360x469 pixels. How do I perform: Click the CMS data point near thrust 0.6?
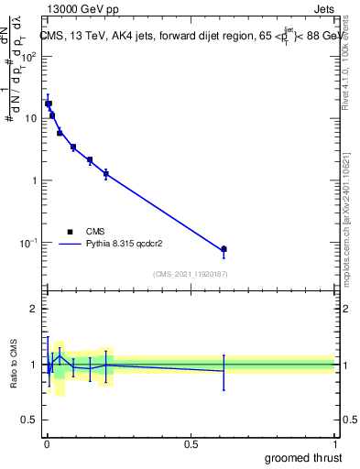(x=224, y=249)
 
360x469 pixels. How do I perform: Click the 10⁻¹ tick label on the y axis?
(x=28, y=243)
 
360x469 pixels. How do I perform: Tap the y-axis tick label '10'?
(x=30, y=118)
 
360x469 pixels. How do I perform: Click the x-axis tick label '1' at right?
(x=333, y=443)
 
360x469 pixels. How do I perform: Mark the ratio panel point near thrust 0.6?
(x=224, y=370)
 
